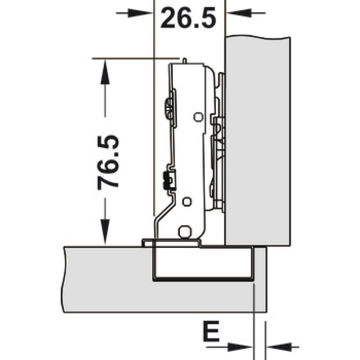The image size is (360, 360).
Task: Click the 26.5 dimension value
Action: point(188,18)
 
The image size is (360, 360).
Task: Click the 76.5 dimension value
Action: point(108,162)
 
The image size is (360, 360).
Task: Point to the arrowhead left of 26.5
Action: point(140,13)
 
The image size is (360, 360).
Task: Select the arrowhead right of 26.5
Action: point(239,13)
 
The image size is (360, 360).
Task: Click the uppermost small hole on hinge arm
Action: point(198,117)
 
